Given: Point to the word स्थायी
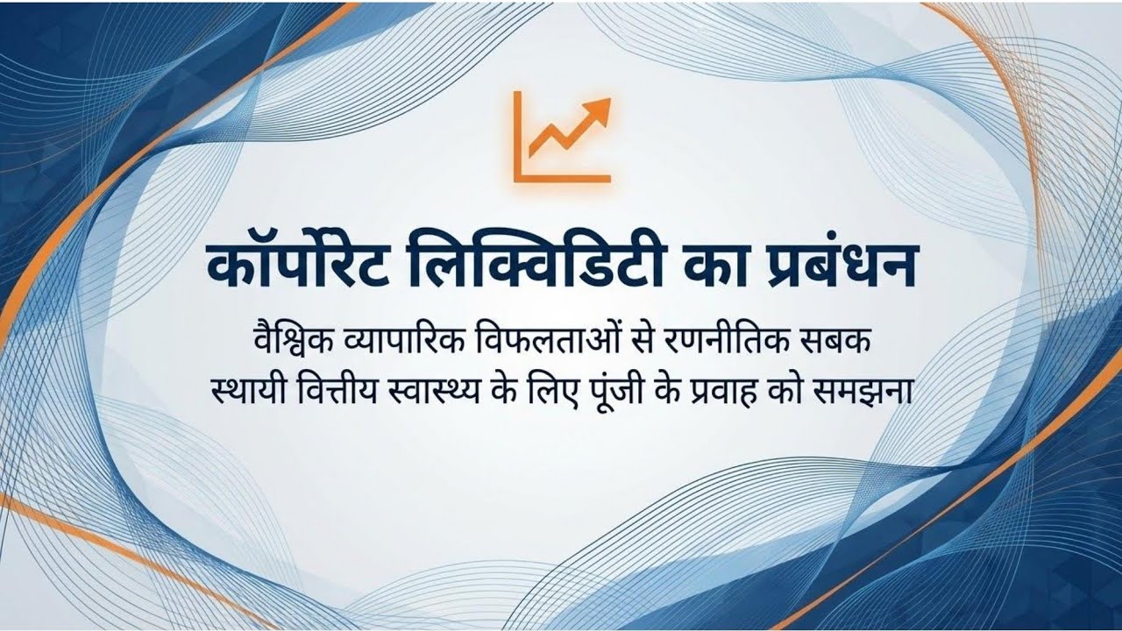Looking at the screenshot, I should click(247, 391).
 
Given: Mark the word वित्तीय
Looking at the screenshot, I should click(334, 391).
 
